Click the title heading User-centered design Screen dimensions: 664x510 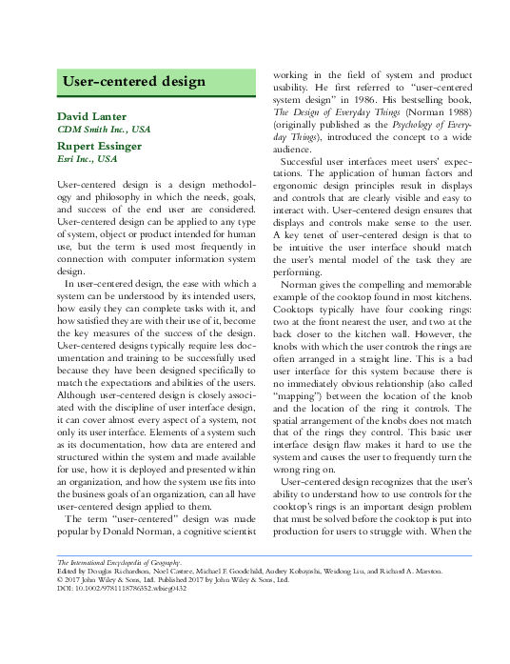tap(133, 82)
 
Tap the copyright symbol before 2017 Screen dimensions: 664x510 tap(62, 581)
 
